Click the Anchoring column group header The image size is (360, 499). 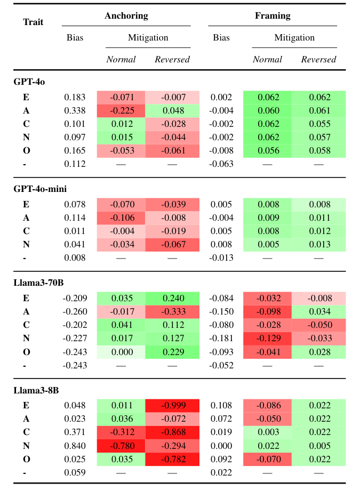pyautogui.click(x=126, y=16)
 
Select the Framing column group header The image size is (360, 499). pyautogui.click(x=273, y=16)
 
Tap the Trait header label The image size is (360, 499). pyautogui.click(x=33, y=22)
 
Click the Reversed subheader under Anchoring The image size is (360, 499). pyautogui.click(x=172, y=59)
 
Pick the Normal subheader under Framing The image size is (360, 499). pyautogui.click(x=267, y=59)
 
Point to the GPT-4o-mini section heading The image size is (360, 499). pyautogui.click(x=40, y=189)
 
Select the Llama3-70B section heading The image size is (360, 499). pyautogui.click(x=38, y=283)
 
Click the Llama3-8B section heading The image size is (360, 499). pyautogui.click(x=36, y=390)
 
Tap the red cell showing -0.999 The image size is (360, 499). pyautogui.click(x=172, y=406)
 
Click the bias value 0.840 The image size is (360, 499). pyautogui.click(x=75, y=446)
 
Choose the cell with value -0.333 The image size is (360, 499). pyautogui.click(x=172, y=312)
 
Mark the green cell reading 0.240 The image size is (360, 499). pyautogui.click(x=172, y=299)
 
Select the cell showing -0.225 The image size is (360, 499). pyautogui.click(x=121, y=111)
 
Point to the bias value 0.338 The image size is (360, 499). pyautogui.click(x=75, y=111)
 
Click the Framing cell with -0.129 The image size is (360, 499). pyautogui.click(x=267, y=339)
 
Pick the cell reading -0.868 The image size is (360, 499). pyautogui.click(x=172, y=432)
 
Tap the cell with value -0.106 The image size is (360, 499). pyautogui.click(x=121, y=218)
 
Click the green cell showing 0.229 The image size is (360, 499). pyautogui.click(x=172, y=352)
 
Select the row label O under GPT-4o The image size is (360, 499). pyautogui.click(x=26, y=151)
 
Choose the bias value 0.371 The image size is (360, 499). pyautogui.click(x=75, y=432)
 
